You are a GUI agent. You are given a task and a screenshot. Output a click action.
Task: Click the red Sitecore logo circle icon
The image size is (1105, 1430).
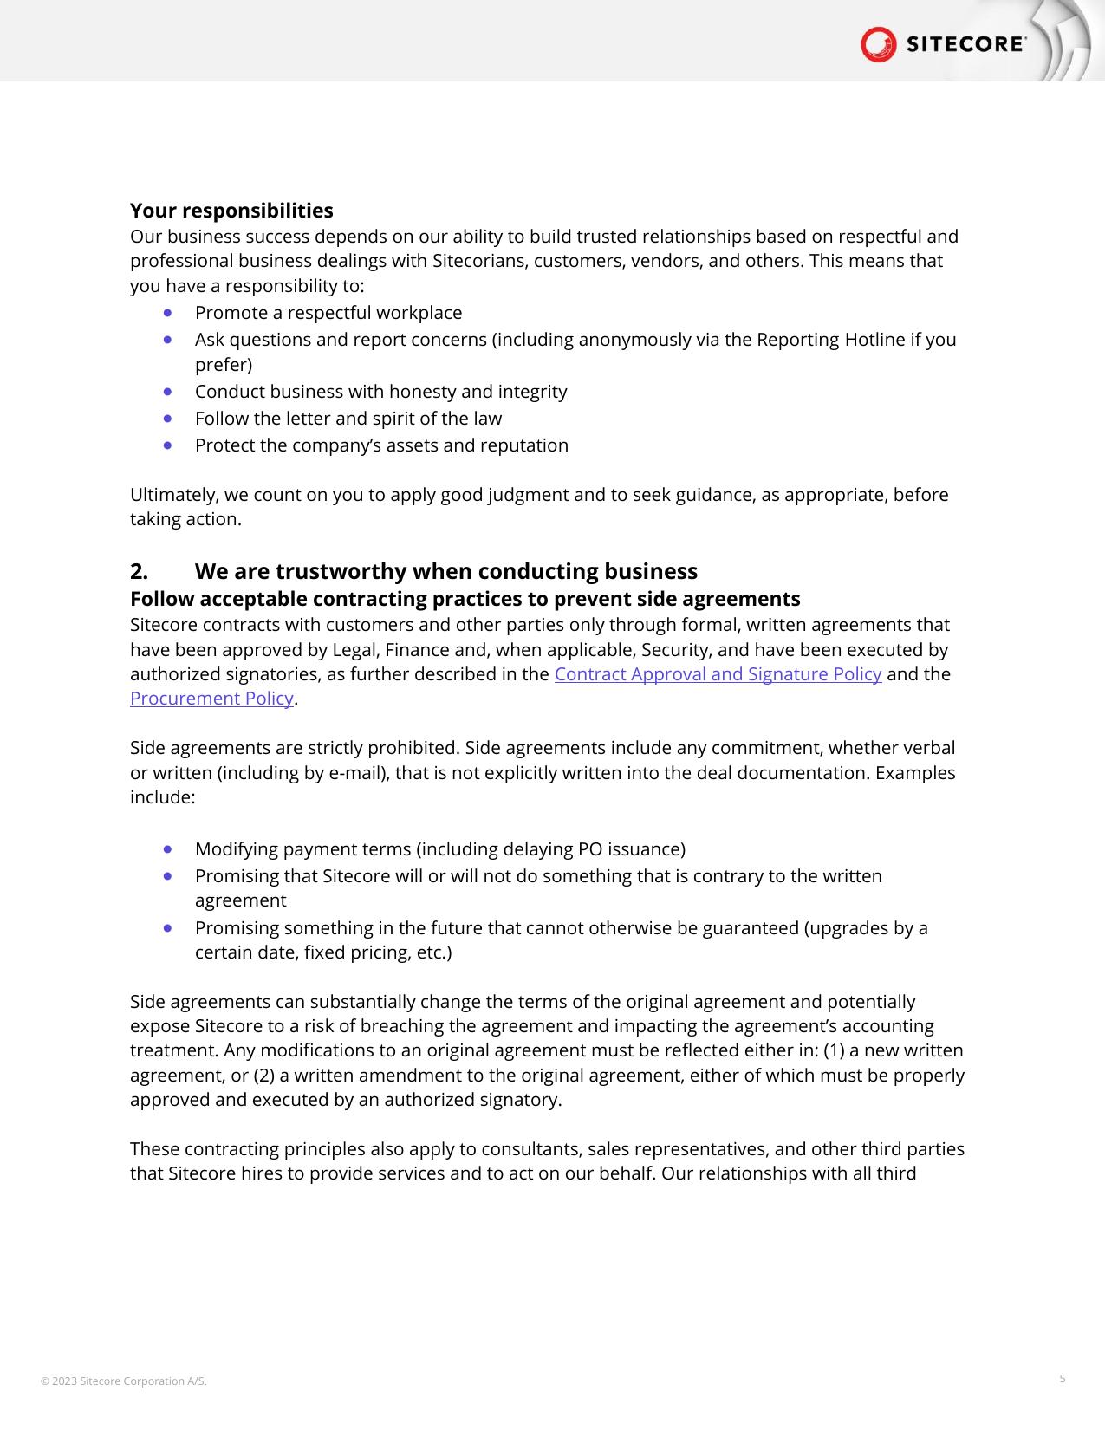tap(878, 44)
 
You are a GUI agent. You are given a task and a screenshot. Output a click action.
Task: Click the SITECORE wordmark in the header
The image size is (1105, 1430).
tap(965, 45)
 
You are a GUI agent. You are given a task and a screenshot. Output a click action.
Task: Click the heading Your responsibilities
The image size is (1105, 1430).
tap(231, 211)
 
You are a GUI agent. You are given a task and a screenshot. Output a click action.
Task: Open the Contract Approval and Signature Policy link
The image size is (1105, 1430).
tap(718, 674)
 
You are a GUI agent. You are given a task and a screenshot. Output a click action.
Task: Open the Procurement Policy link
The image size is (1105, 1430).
tap(211, 699)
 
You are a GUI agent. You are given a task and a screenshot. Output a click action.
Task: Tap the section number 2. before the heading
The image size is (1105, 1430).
tap(140, 572)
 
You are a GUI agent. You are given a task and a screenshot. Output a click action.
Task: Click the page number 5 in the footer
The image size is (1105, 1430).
tap(1063, 1378)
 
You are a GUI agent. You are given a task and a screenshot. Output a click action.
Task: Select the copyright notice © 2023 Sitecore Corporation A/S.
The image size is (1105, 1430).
tap(124, 1381)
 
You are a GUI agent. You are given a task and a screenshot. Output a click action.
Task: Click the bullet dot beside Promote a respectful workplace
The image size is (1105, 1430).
tap(167, 312)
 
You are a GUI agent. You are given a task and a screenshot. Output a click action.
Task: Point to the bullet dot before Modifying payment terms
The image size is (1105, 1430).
tap(167, 848)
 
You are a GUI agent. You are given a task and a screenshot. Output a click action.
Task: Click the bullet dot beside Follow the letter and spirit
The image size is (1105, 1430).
tap(167, 418)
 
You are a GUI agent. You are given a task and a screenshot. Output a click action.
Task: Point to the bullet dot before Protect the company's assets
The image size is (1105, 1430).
tap(167, 445)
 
